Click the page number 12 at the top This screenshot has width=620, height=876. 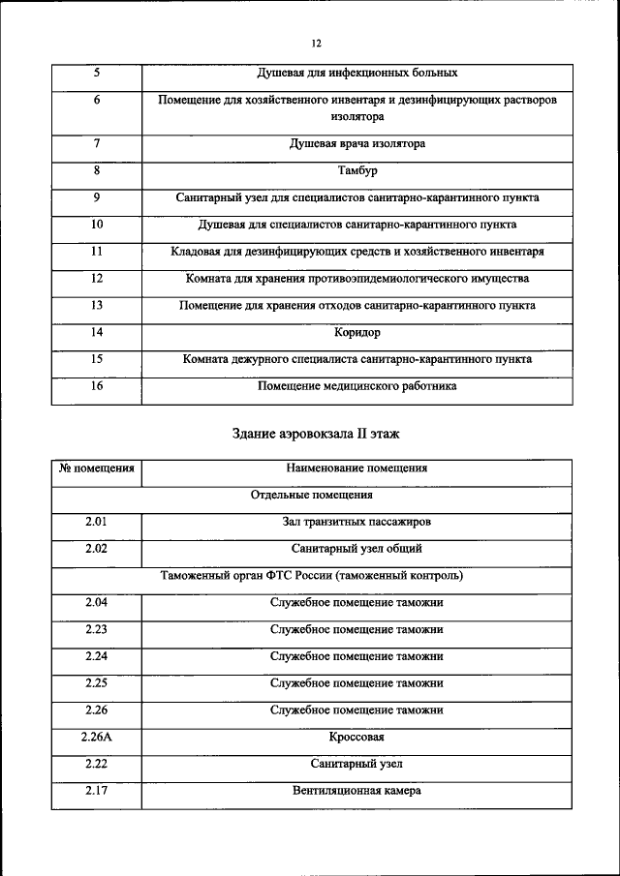pyautogui.click(x=316, y=44)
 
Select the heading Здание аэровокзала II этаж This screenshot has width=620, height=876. pyautogui.click(x=316, y=433)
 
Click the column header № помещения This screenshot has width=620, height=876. pyautogui.click(x=96, y=468)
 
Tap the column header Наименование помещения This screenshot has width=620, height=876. pyautogui.click(x=356, y=468)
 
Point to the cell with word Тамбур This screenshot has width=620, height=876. pyautogui.click(x=356, y=170)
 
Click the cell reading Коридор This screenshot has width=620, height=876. pyautogui.click(x=356, y=333)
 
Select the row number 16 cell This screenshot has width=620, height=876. pyautogui.click(x=96, y=386)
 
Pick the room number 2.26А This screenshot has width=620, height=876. pyautogui.click(x=96, y=738)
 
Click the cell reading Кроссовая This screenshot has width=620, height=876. pyautogui.click(x=356, y=738)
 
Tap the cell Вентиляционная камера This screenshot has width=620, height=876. pyautogui.click(x=356, y=791)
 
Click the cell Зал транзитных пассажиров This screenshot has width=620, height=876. pyautogui.click(x=356, y=522)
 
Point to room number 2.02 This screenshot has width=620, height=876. pyautogui.click(x=96, y=549)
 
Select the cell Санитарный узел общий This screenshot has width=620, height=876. pyautogui.click(x=356, y=549)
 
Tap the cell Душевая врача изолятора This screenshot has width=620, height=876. pyautogui.click(x=356, y=143)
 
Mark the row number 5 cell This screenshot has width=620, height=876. pyautogui.click(x=96, y=73)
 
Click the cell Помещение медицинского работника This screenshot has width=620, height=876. pyautogui.click(x=356, y=386)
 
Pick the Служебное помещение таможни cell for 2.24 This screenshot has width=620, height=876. pyautogui.click(x=356, y=656)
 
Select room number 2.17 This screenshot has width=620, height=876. pyautogui.click(x=96, y=791)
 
